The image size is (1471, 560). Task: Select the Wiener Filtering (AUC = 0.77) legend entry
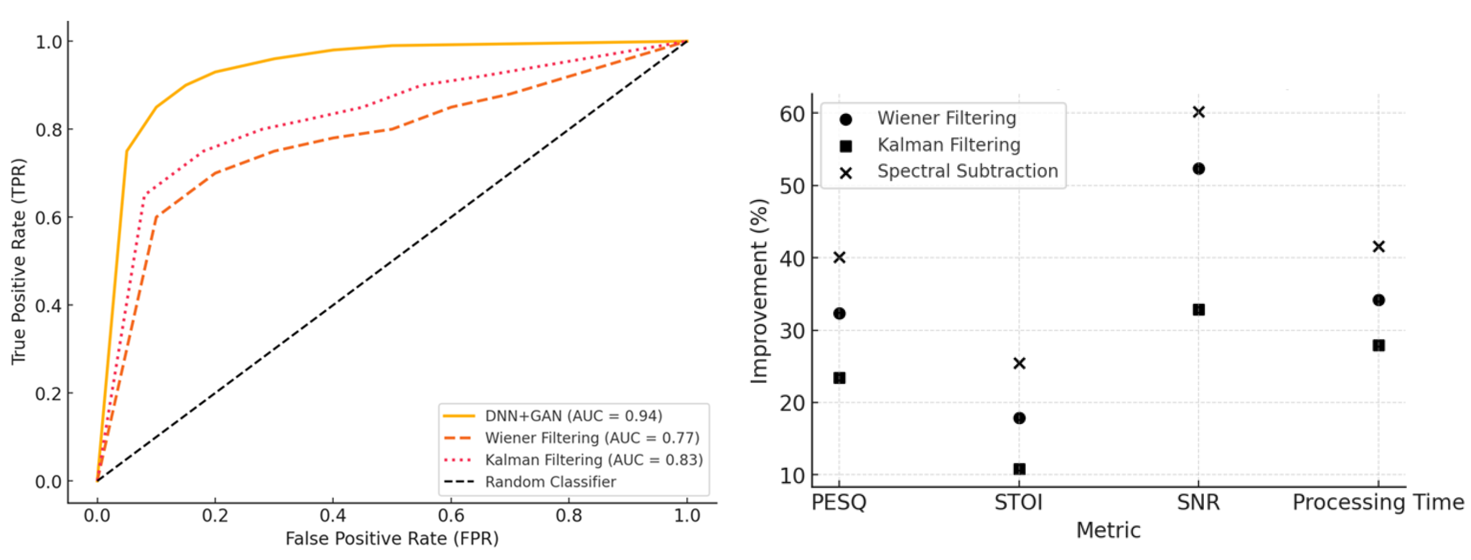tap(591, 438)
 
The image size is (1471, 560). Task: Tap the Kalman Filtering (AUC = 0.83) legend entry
tap(593, 459)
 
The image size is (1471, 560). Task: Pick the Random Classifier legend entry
tap(550, 482)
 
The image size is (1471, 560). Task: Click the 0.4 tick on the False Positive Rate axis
tap(333, 515)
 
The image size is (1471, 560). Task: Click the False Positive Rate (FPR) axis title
tap(392, 538)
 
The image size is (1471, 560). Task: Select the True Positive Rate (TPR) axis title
tap(19, 261)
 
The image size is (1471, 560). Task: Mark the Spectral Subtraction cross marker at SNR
tap(1199, 112)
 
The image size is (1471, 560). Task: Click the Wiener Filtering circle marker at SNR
tap(1199, 169)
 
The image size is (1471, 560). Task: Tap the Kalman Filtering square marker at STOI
tap(1019, 469)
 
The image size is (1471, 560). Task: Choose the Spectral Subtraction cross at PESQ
tap(839, 258)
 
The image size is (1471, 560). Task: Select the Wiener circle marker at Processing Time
tap(1379, 300)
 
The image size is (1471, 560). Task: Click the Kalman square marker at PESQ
tap(839, 378)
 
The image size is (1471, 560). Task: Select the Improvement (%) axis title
tap(759, 291)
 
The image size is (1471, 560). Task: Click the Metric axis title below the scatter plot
tap(1108, 530)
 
